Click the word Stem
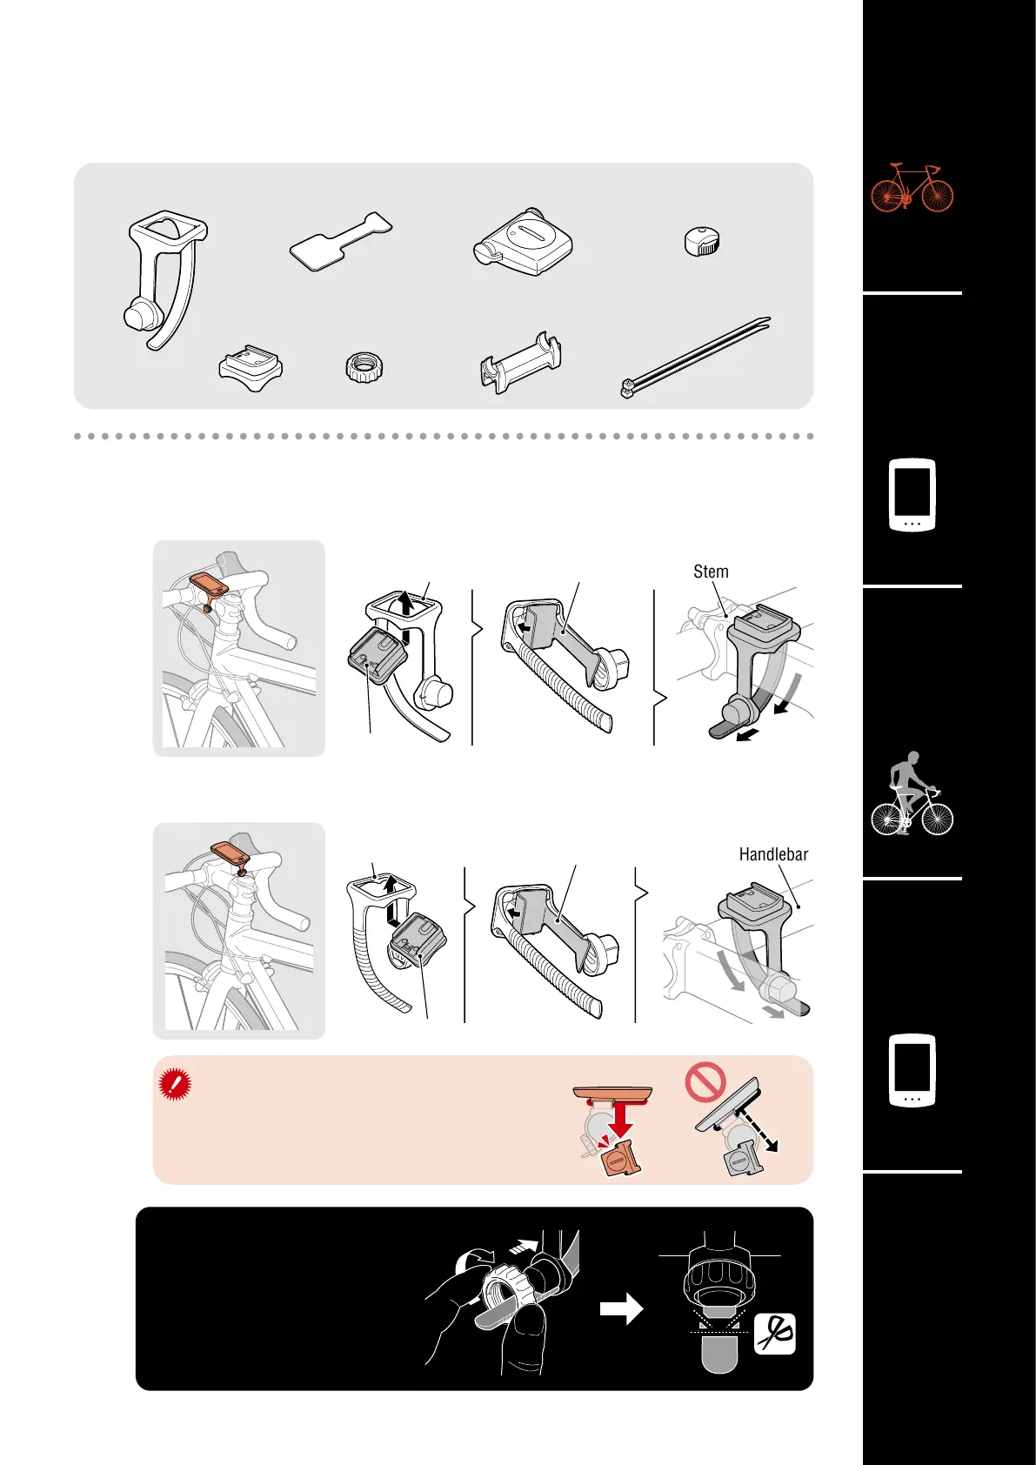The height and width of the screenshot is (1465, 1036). point(711,572)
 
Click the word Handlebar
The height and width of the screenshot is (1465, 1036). point(773,854)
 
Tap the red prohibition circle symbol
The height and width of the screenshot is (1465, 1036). point(705,1081)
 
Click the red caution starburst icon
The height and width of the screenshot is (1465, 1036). point(175,1084)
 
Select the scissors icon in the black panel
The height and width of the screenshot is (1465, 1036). point(774,1334)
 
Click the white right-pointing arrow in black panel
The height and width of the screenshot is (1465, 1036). point(621,1308)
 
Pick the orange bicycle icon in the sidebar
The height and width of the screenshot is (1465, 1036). point(912,188)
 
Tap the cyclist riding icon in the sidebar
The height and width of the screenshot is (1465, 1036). point(912,793)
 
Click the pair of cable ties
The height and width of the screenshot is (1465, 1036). point(695,358)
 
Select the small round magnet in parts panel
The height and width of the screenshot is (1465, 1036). point(702,241)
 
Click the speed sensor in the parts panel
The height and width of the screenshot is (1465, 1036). point(523,242)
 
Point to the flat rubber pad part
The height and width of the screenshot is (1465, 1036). point(340,241)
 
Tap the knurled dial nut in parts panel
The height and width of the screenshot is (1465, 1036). point(364,368)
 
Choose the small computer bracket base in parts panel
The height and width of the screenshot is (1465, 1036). point(251,368)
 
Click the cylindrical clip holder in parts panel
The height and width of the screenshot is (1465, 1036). point(521,362)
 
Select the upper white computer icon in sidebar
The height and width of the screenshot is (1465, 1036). point(912,495)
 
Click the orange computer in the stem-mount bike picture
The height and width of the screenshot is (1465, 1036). point(210,583)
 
